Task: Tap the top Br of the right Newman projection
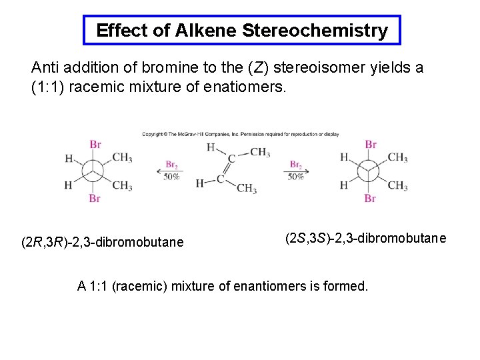tap(371, 144)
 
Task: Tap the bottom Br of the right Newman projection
tap(371, 198)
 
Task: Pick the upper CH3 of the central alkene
tap(260, 153)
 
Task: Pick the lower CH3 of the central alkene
tap(246, 189)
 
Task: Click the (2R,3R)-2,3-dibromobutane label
tap(102, 242)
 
